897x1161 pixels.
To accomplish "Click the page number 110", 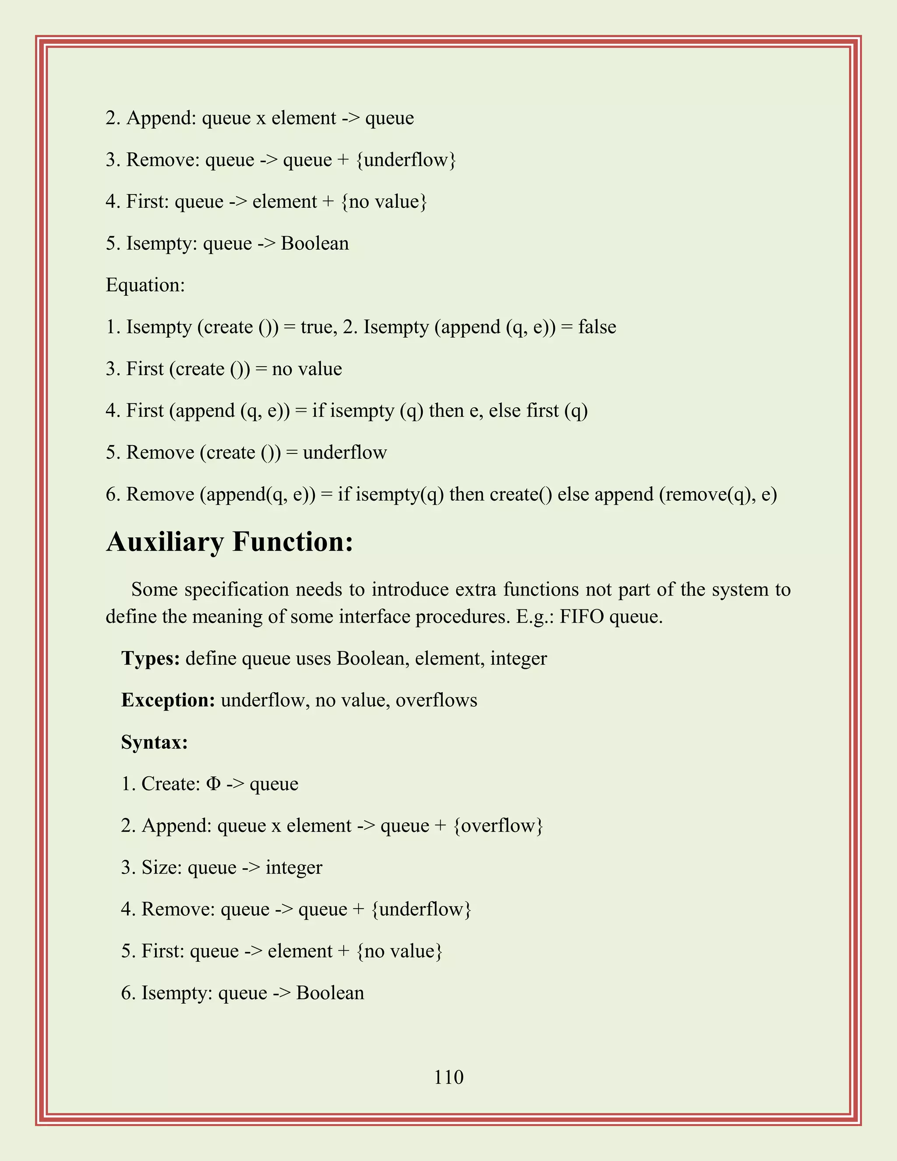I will tap(448, 1077).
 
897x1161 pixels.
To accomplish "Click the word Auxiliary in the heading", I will tap(165, 542).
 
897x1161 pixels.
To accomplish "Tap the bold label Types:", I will tap(150, 658).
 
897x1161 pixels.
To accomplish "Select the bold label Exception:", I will tap(168, 700).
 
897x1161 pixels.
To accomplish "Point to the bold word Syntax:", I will tap(154, 742).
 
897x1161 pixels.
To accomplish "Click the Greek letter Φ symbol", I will tap(212, 784).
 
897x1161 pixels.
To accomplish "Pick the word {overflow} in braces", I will tap(498, 825).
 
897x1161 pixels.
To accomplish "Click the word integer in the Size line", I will tap(294, 867).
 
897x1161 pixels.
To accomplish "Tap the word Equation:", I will tap(145, 285).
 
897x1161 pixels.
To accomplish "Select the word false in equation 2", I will tap(597, 327).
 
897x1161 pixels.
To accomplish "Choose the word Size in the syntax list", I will tap(162, 867).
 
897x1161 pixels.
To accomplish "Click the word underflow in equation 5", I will tap(345, 453).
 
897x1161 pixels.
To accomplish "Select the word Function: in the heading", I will tap(293, 542).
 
